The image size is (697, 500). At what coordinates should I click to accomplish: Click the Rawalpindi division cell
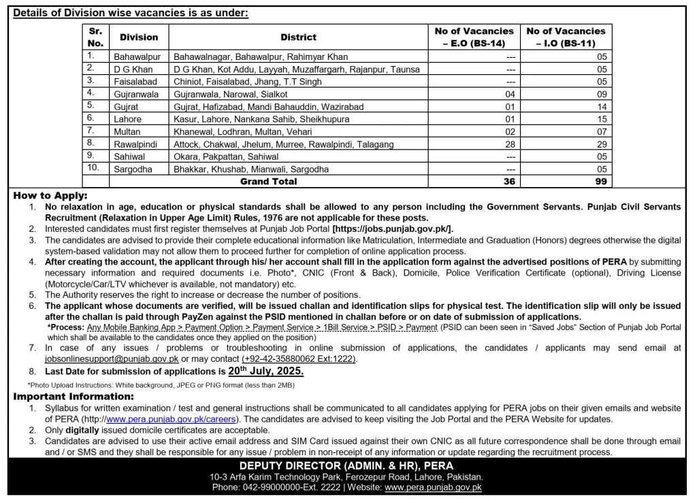click(135, 144)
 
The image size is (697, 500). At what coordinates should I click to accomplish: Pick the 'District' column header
click(298, 37)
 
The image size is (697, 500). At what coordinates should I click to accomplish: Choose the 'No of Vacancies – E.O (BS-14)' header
click(474, 37)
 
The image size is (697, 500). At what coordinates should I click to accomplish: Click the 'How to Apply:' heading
click(50, 195)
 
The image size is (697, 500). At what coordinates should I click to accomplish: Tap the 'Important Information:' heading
click(74, 397)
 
